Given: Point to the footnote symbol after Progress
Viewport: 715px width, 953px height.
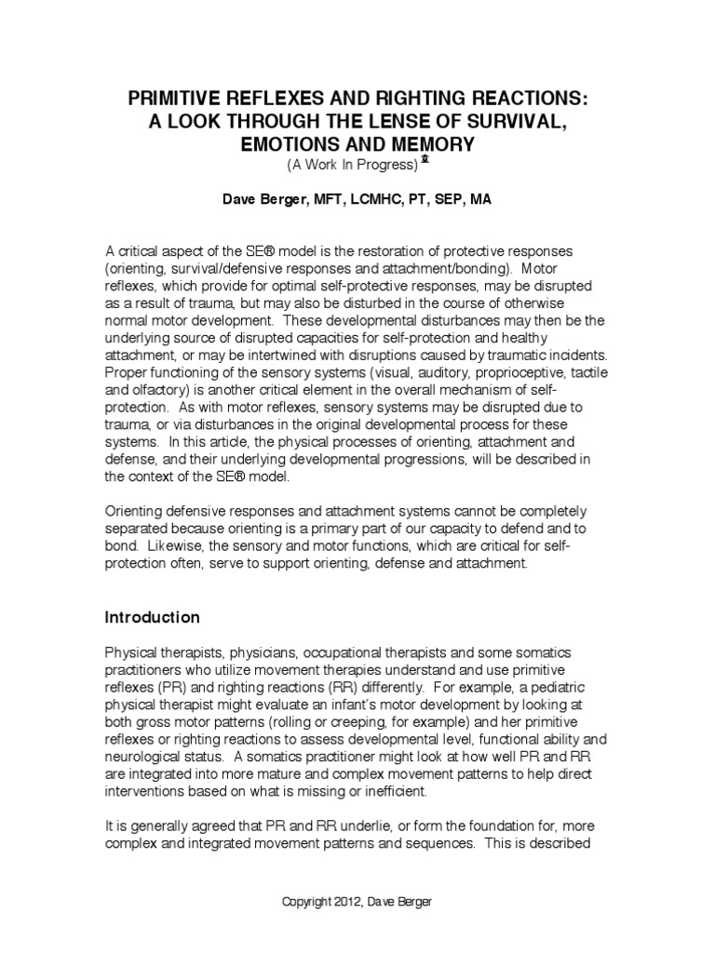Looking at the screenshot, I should coord(425,160).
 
